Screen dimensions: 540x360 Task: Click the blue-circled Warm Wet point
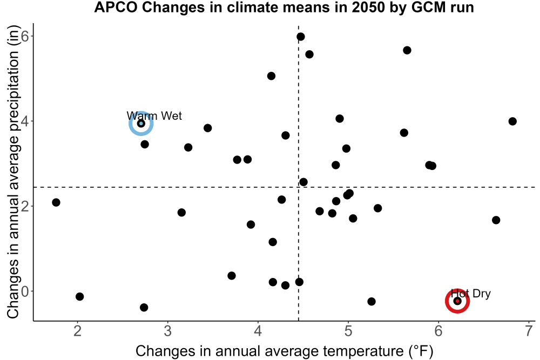pyautogui.click(x=141, y=123)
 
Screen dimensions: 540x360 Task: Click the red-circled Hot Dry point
pyautogui.click(x=457, y=301)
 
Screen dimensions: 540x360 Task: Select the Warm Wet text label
pyautogui.click(x=154, y=116)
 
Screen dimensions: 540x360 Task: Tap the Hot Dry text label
pyautogui.click(x=471, y=294)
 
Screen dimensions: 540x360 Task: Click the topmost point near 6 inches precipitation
pyautogui.click(x=301, y=37)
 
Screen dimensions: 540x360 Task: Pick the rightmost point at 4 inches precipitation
pyautogui.click(x=512, y=121)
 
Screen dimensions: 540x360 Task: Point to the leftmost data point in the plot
pyautogui.click(x=56, y=202)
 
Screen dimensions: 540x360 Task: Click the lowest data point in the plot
pyautogui.click(x=144, y=307)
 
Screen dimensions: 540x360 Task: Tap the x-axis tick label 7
pyautogui.click(x=529, y=331)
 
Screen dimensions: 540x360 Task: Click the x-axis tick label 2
pyautogui.click(x=78, y=331)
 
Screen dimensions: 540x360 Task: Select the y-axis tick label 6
pyautogui.click(x=25, y=36)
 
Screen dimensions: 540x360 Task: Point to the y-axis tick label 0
pyautogui.click(x=25, y=291)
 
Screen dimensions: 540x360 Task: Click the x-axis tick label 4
pyautogui.click(x=258, y=331)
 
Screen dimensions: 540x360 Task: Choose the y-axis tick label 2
pyautogui.click(x=25, y=206)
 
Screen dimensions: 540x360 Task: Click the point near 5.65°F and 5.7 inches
pyautogui.click(x=407, y=50)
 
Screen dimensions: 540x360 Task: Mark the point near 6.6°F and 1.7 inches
pyautogui.click(x=496, y=220)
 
